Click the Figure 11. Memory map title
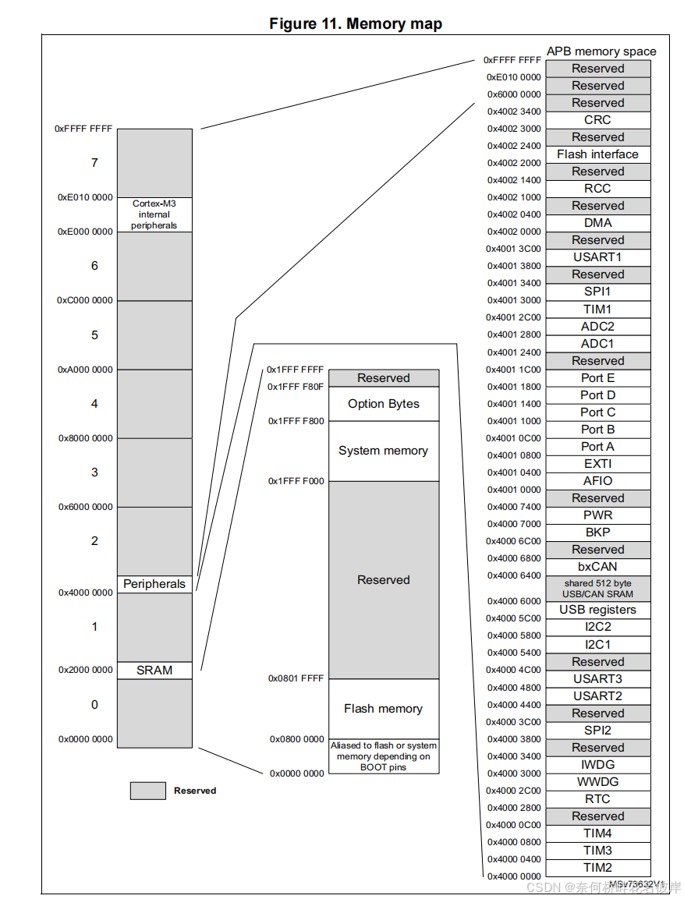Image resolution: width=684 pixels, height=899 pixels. pos(356,24)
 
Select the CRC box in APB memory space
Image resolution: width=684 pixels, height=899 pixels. pos(597,120)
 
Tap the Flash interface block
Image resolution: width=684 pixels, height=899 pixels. pos(597,154)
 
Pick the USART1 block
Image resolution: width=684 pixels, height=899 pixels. pos(597,257)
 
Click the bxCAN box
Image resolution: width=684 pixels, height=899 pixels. pos(597,567)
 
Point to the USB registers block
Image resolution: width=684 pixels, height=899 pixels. pos(597,610)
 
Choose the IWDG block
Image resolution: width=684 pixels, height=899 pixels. pos(597,765)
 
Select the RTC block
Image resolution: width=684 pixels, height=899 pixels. pos(597,799)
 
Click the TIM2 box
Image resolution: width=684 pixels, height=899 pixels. pos(597,868)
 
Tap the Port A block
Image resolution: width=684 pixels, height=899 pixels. pos(597,447)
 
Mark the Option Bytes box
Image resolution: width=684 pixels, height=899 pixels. pos(383,404)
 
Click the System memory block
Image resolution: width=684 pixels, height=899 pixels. pos(383,451)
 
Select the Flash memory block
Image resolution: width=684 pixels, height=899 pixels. pos(383,709)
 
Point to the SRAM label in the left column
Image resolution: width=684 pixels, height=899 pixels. pos(154,670)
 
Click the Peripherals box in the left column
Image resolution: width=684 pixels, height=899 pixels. pos(154,584)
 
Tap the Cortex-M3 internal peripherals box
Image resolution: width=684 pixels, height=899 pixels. pos(154,214)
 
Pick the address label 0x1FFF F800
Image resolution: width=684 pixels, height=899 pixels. pos(296,421)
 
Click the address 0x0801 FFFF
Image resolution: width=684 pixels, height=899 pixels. pos(296,679)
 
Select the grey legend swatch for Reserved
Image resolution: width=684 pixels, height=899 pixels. pos(147,791)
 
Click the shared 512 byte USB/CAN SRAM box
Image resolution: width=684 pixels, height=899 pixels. pos(597,589)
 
